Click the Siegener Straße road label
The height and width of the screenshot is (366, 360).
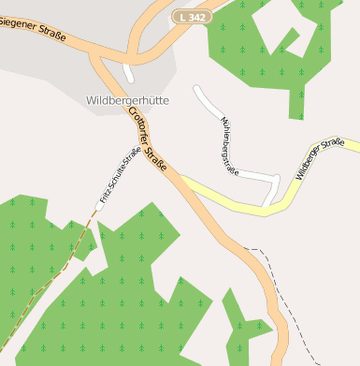[34, 31]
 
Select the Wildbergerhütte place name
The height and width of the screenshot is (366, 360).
[127, 100]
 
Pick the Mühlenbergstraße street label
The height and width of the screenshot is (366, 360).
[229, 146]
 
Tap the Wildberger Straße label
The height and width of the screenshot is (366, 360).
[320, 158]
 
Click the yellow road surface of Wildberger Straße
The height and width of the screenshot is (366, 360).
[234, 199]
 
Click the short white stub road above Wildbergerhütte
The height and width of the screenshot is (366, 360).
[127, 72]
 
